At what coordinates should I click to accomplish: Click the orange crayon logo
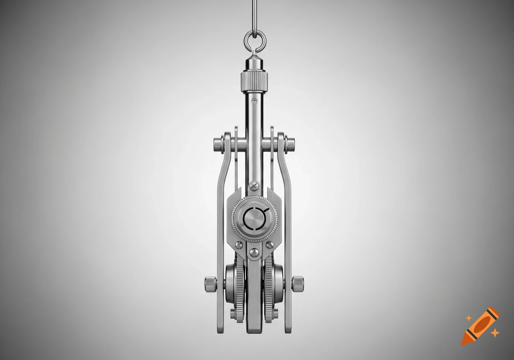(480, 326)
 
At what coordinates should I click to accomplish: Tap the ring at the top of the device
(254, 39)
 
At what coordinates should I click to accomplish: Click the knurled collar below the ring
(254, 81)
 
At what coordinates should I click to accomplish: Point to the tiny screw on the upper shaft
(254, 99)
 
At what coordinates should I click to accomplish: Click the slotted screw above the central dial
(254, 186)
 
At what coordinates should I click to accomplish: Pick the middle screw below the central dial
(254, 252)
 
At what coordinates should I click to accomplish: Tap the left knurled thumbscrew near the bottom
(210, 284)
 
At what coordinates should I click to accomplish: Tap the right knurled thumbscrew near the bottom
(298, 284)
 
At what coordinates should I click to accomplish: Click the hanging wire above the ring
(254, 14)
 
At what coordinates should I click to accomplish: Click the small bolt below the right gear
(275, 313)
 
